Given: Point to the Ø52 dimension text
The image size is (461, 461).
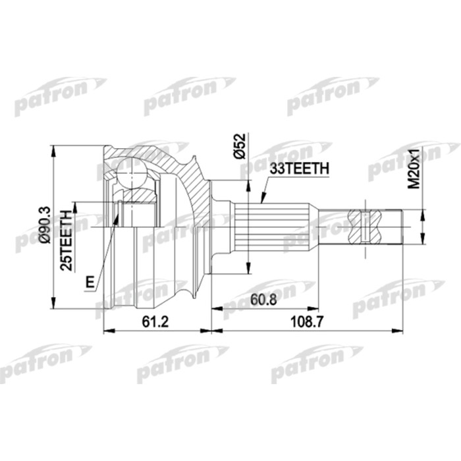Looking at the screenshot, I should (x=240, y=145).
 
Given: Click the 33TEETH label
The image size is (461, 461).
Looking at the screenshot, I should (x=298, y=169).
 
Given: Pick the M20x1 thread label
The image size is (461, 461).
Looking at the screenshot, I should (x=414, y=168).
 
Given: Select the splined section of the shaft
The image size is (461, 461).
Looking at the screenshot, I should (x=276, y=226).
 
